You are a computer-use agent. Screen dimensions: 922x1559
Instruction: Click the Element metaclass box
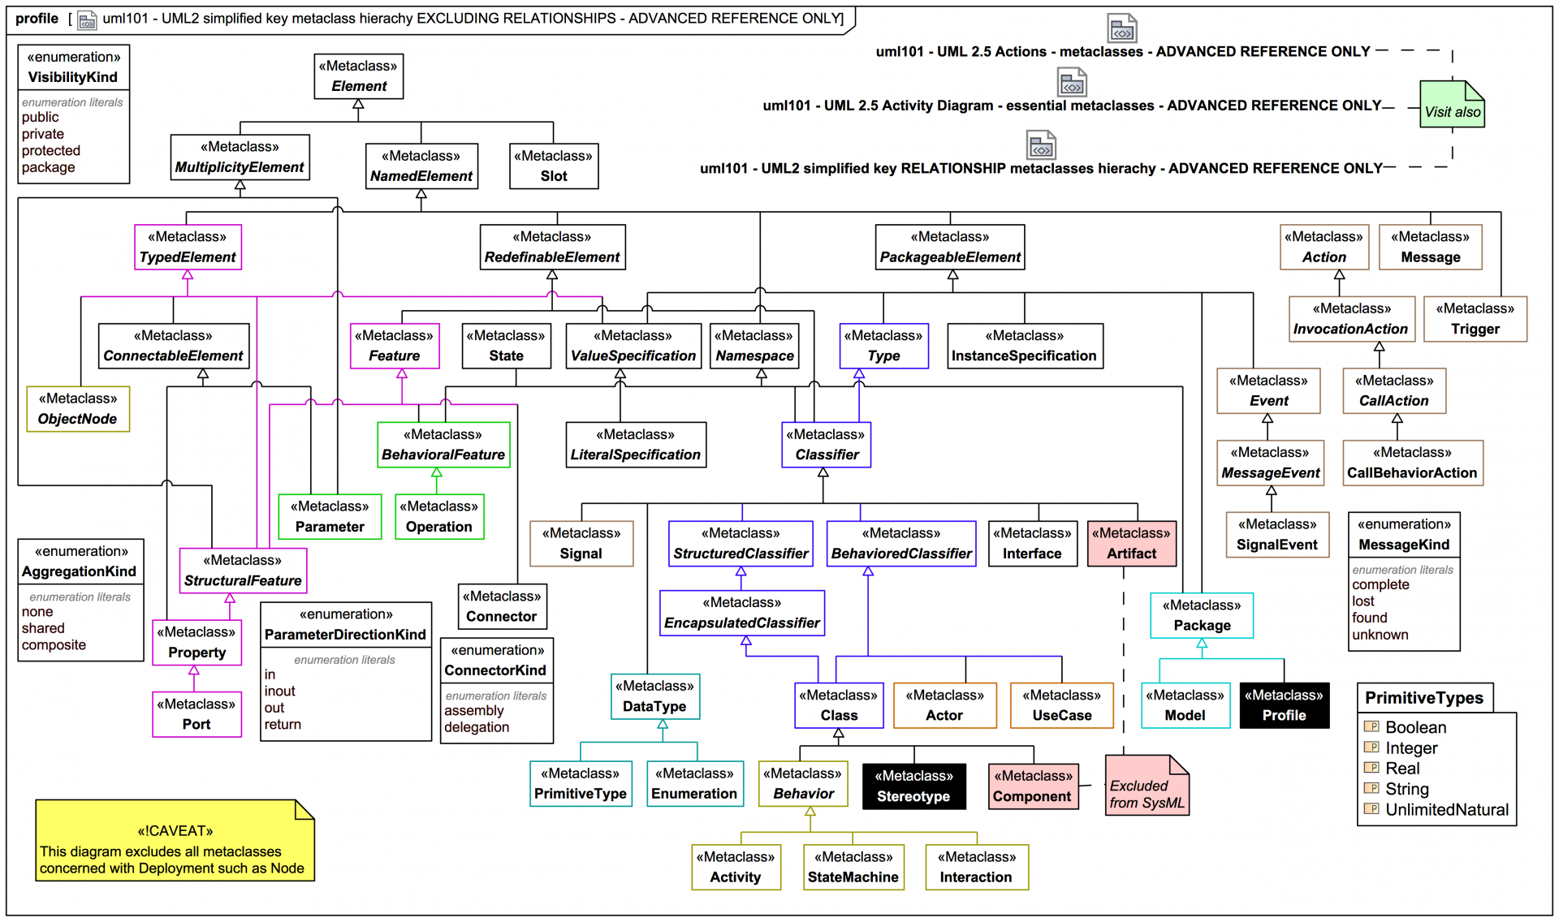[358, 76]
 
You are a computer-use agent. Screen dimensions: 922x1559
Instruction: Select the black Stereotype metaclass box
[913, 786]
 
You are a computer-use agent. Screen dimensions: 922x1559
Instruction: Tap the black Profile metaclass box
[1284, 705]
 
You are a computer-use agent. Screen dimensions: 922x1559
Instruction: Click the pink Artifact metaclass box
[1131, 544]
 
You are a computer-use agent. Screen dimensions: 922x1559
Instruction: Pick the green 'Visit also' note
[1452, 106]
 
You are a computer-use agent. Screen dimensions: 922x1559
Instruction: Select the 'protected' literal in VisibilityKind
[51, 151]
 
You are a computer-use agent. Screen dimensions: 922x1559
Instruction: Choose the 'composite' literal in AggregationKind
[54, 645]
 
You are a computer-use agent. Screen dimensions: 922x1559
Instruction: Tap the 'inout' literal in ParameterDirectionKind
[279, 691]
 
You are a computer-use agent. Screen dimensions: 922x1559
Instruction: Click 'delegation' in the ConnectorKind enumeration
[477, 727]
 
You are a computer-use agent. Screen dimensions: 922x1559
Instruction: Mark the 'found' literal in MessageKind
[1370, 618]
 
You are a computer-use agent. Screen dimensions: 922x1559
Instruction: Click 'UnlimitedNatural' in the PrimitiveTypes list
[1446, 810]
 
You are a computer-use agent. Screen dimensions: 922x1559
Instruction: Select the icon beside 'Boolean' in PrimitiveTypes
[1371, 727]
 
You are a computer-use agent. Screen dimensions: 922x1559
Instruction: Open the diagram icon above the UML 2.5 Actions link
[1122, 29]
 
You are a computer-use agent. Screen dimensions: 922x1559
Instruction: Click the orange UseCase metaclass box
[1061, 705]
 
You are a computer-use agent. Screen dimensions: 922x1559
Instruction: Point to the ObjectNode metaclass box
[78, 409]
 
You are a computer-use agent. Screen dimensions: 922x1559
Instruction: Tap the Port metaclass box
[196, 714]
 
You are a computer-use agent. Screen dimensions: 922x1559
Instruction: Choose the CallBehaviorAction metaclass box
[1412, 463]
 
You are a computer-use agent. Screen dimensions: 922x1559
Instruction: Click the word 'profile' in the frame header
[37, 19]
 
